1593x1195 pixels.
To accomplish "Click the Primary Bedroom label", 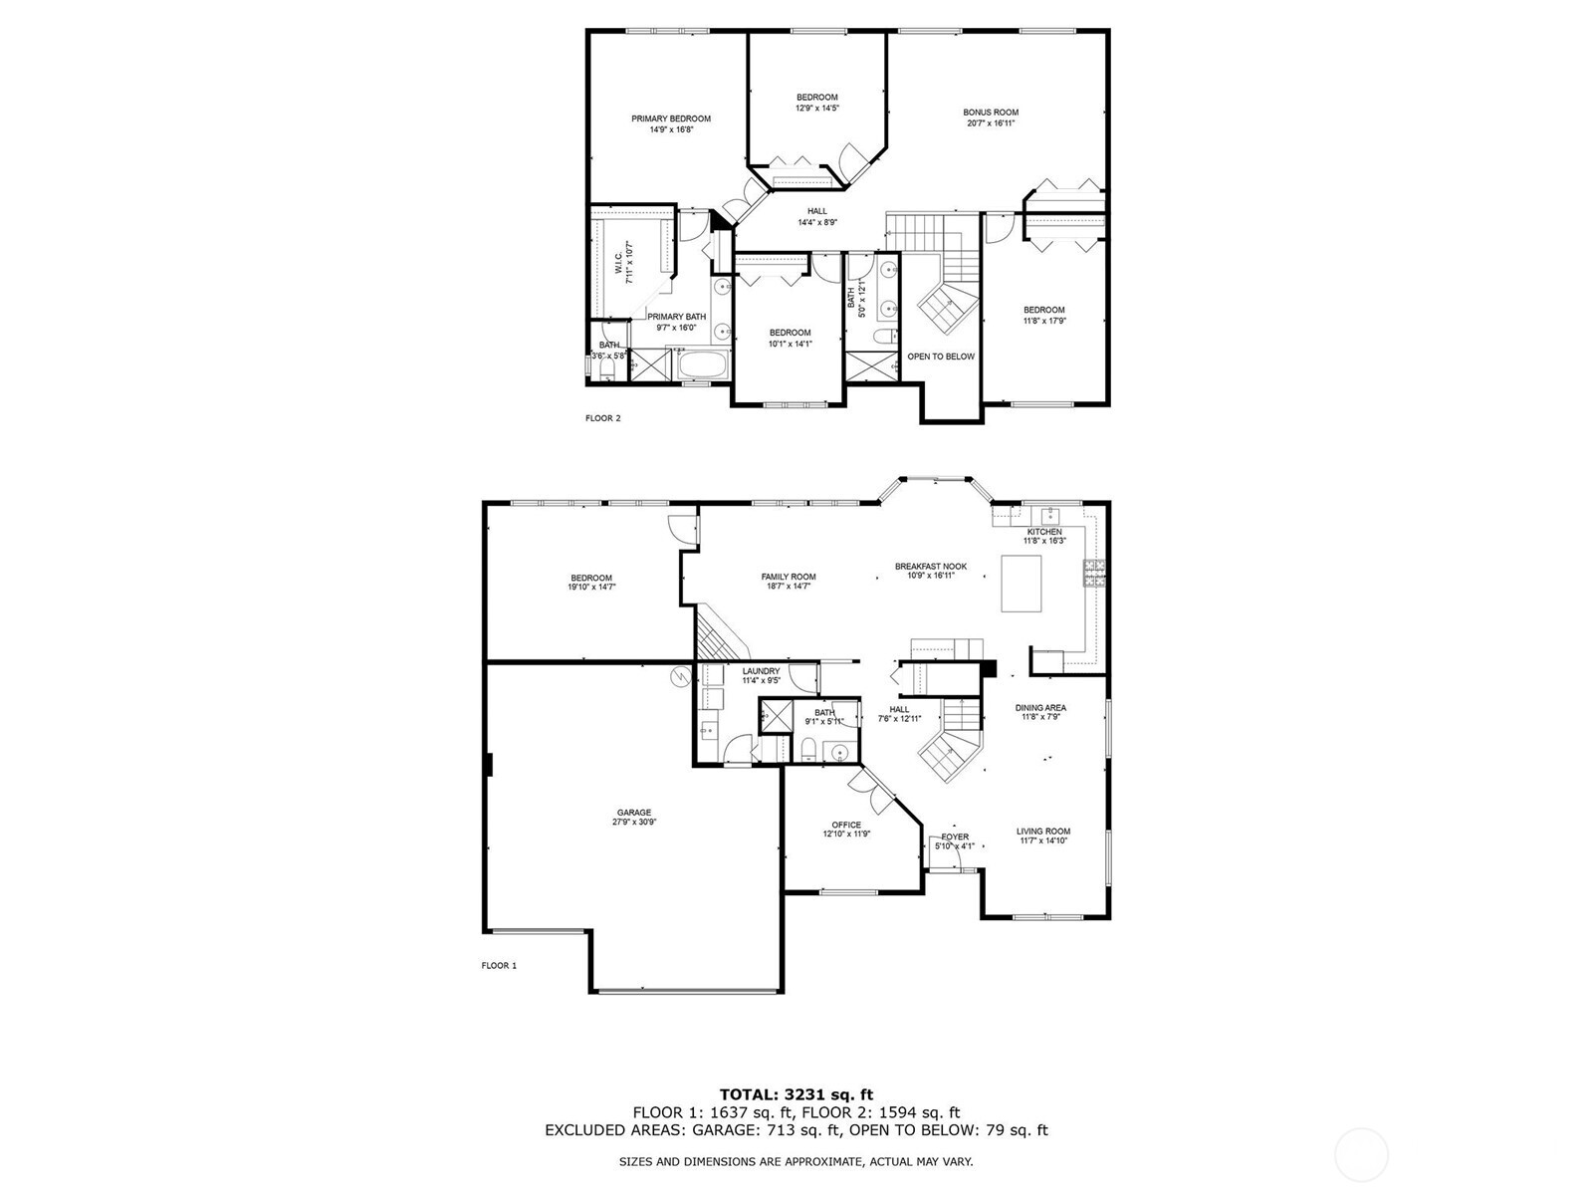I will click(x=671, y=119).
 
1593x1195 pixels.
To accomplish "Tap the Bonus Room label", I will click(x=991, y=114).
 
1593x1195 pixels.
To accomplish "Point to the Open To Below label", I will click(x=941, y=357).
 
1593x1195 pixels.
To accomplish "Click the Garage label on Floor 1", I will click(x=633, y=813).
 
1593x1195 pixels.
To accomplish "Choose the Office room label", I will click(x=846, y=826).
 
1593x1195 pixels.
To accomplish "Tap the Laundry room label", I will click(x=761, y=672).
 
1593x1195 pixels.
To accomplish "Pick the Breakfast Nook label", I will click(x=930, y=567).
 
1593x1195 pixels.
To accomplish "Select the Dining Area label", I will click(x=1040, y=708).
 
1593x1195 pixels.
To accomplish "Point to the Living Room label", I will click(x=1043, y=832).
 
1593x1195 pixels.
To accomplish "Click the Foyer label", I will click(x=955, y=837).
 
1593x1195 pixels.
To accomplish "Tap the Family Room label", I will click(x=789, y=577).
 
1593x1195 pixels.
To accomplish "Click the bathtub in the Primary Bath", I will click(x=704, y=364).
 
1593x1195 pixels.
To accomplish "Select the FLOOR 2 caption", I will click(x=602, y=418).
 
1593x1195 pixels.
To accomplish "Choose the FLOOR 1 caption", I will click(x=499, y=965).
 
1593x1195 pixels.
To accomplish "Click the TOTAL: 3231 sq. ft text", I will click(x=796, y=1094).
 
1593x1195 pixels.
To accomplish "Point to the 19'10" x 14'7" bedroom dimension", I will click(x=591, y=588).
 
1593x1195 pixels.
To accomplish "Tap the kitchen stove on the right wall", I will click(x=1094, y=574).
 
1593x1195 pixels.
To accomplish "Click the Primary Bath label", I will click(x=677, y=317).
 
